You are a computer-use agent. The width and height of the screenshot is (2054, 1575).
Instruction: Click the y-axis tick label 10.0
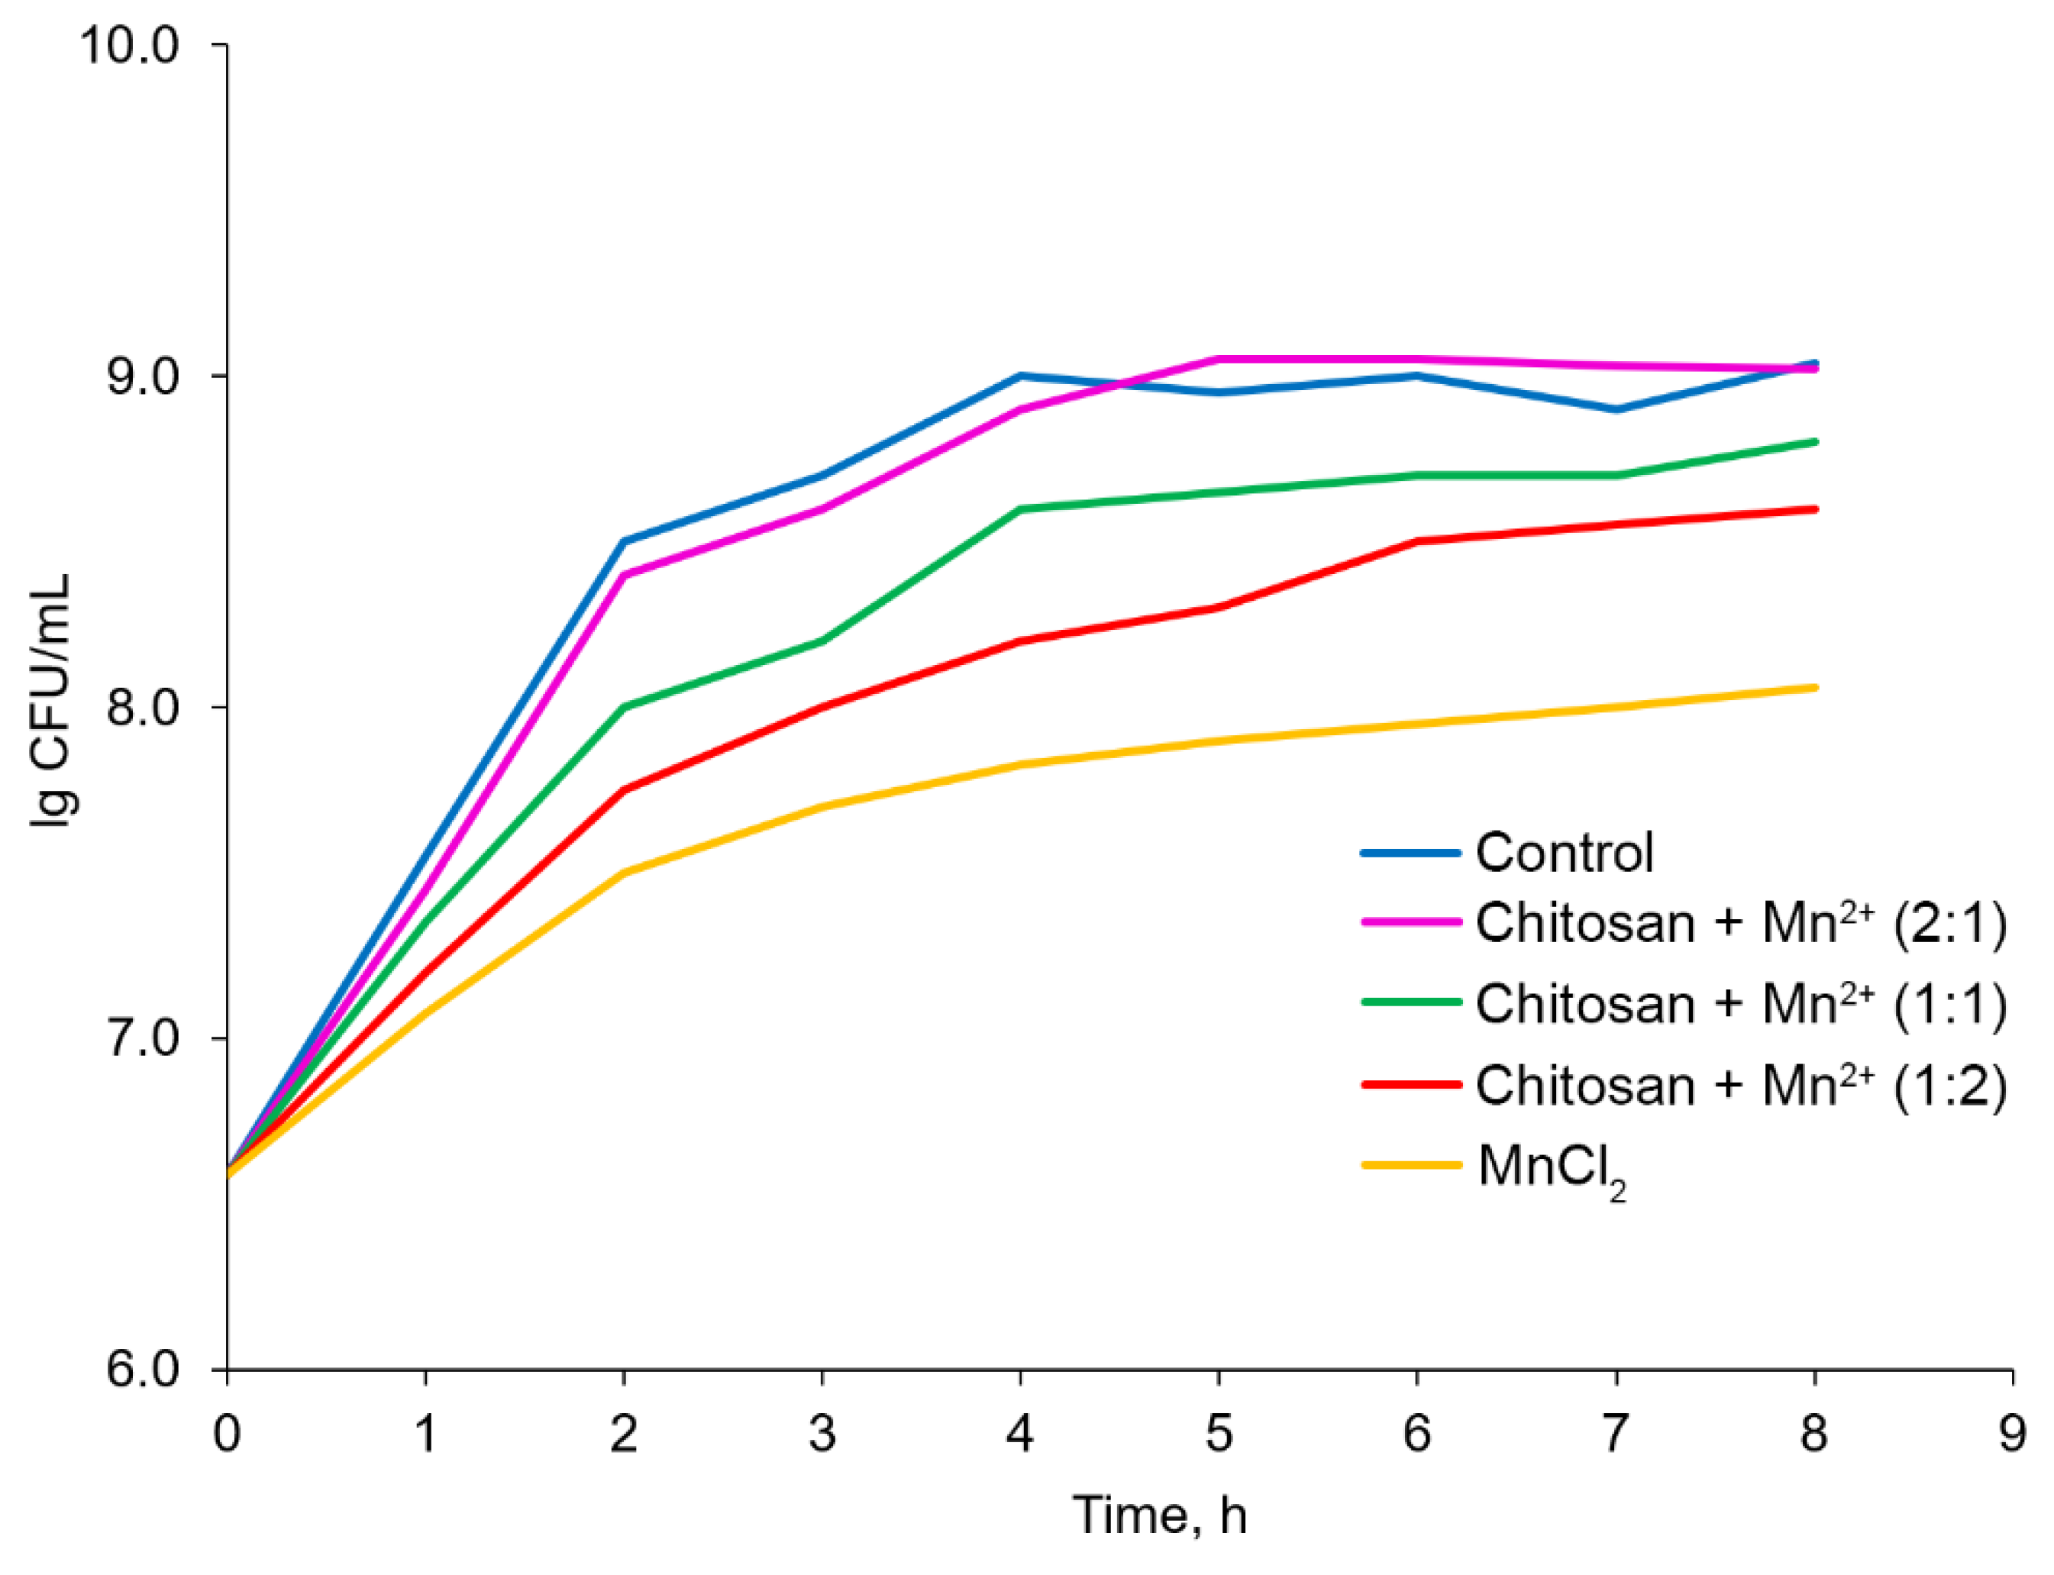point(128,45)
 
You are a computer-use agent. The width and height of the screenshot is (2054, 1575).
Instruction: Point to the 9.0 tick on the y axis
point(140,376)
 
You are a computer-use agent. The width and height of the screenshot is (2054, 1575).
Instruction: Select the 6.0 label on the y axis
point(140,1370)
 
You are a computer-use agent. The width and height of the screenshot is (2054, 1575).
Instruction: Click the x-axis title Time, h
point(1160,1516)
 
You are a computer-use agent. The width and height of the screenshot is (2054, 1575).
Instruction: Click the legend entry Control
point(1564,853)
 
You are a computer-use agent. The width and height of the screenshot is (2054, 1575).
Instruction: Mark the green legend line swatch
point(1410,1002)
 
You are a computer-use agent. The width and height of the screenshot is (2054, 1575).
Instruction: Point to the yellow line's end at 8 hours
point(1814,688)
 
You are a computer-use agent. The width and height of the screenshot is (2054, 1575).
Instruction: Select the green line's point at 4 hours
point(1020,509)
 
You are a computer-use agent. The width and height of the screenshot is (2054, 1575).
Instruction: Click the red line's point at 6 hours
point(1417,541)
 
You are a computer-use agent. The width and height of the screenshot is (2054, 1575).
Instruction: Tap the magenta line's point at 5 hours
point(1218,359)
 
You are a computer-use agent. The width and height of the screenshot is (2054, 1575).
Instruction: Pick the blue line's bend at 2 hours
point(623,541)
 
